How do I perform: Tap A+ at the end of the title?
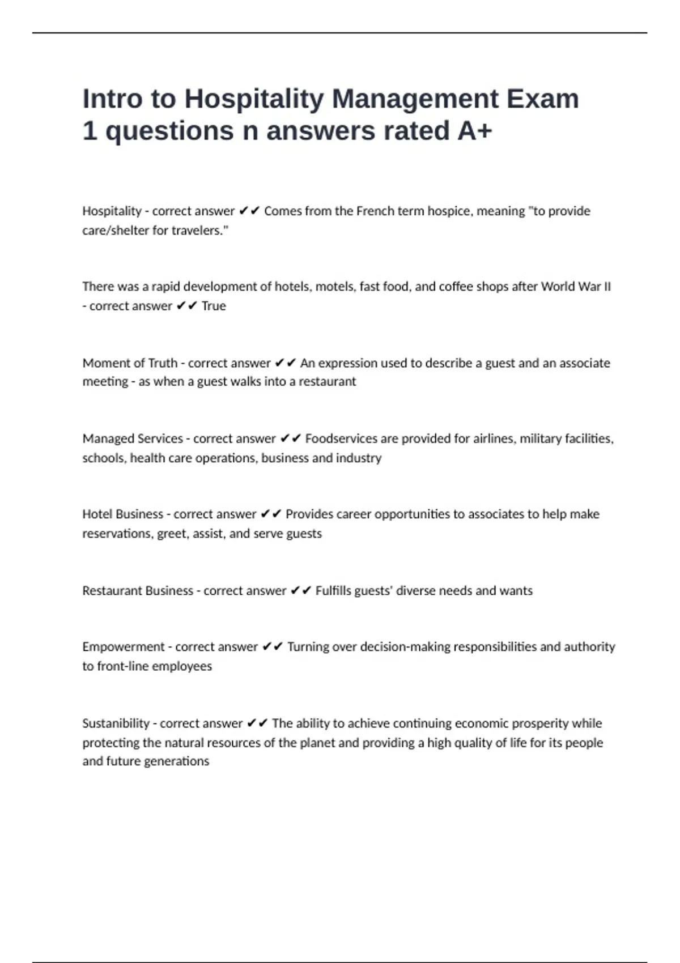pos(475,131)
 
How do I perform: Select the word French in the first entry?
pos(374,211)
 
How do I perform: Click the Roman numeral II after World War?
pos(607,287)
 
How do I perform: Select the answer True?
pos(214,306)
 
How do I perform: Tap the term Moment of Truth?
pos(130,363)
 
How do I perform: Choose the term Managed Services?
pos(133,439)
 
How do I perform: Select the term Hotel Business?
pos(122,514)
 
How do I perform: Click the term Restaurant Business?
pos(138,591)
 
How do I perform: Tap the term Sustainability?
pos(116,723)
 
